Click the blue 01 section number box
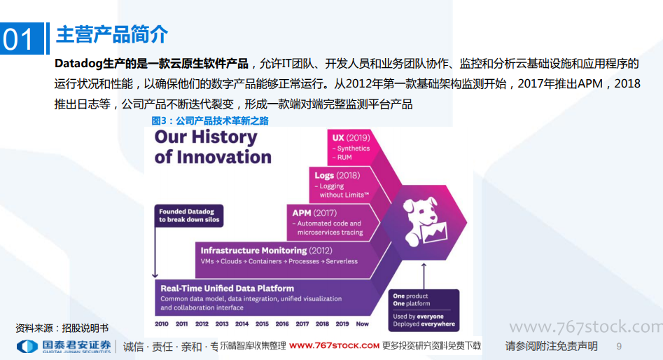click(22, 39)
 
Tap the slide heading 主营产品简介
click(112, 35)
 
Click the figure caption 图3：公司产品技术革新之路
click(210, 121)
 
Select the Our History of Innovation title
click(213, 147)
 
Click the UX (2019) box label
click(351, 138)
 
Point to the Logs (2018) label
click(337, 176)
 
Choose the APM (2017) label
click(314, 213)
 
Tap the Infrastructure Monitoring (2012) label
click(266, 251)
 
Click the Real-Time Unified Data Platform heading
click(227, 289)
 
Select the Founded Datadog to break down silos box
click(189, 215)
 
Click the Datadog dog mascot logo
click(424, 221)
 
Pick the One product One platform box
click(424, 310)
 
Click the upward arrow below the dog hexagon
click(424, 276)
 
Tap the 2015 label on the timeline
click(262, 324)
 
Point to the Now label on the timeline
click(363, 324)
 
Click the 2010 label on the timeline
click(162, 324)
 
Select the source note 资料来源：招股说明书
click(62, 328)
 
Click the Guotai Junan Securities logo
click(64, 347)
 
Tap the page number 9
click(619, 347)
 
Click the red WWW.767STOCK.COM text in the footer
click(334, 346)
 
